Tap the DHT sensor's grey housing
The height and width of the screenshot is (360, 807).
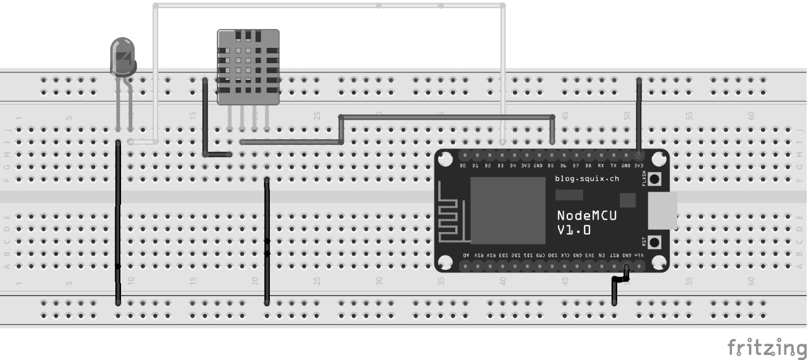[248, 66]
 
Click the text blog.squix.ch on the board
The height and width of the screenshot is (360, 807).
[587, 179]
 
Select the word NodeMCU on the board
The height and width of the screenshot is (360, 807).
[586, 215]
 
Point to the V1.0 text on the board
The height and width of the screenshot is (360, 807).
[574, 230]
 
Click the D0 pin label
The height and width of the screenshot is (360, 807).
[463, 166]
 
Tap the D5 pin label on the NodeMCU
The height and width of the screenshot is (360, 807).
[551, 166]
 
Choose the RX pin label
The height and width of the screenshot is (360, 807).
[601, 166]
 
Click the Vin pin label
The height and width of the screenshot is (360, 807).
[639, 255]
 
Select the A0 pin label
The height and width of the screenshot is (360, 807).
[466, 255]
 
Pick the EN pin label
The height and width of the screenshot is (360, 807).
[601, 255]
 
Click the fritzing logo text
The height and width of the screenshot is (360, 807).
[766, 347]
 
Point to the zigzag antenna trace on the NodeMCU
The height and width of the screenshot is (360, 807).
[450, 220]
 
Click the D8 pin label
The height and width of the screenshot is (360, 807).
[588, 166]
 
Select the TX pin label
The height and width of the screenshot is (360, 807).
[613, 166]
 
